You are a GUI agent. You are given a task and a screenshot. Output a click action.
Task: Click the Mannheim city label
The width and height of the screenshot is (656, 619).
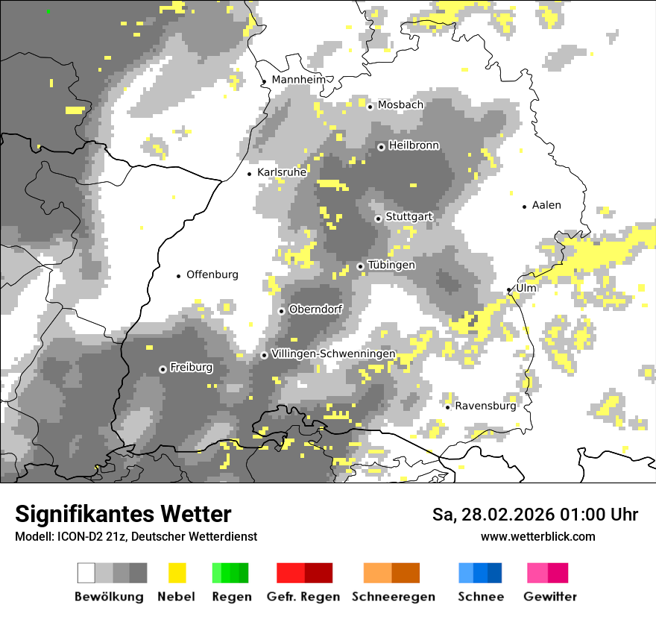coord(299,80)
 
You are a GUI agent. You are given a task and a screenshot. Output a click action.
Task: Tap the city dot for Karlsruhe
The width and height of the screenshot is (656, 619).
coord(250,174)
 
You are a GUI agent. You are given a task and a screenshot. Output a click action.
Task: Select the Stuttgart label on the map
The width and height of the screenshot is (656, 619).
coord(409,217)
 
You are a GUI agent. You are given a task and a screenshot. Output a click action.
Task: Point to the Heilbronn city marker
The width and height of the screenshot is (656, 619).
coord(381,147)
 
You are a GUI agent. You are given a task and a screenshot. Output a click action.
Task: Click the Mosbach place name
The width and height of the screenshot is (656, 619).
coord(400,105)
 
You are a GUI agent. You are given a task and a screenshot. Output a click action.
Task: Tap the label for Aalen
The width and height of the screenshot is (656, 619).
coord(546,205)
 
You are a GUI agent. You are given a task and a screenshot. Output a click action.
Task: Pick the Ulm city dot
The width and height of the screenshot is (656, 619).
coord(509,289)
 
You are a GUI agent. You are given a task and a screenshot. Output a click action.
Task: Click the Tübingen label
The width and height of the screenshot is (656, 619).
coord(391,265)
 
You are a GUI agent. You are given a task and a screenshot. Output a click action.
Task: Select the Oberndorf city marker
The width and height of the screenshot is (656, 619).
coord(281,311)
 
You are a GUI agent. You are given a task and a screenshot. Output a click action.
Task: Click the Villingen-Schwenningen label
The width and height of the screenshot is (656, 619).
coord(333,354)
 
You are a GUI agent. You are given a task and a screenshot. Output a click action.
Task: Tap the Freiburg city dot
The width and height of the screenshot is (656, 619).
coord(163,369)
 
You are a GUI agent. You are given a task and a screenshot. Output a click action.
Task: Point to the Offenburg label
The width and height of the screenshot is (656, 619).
coord(212,274)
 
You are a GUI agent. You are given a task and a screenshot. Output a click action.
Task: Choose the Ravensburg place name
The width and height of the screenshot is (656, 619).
coord(485,406)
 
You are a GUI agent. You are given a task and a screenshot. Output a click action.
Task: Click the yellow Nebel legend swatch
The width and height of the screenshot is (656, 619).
coord(177,573)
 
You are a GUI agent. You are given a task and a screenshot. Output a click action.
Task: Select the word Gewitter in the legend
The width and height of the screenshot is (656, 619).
coord(550,597)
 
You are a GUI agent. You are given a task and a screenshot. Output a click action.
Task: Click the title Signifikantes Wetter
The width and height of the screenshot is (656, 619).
coord(123,514)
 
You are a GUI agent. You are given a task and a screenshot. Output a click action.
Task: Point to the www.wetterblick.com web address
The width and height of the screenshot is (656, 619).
coord(538,537)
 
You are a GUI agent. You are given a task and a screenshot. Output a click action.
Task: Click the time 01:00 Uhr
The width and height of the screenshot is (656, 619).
coord(600,515)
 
